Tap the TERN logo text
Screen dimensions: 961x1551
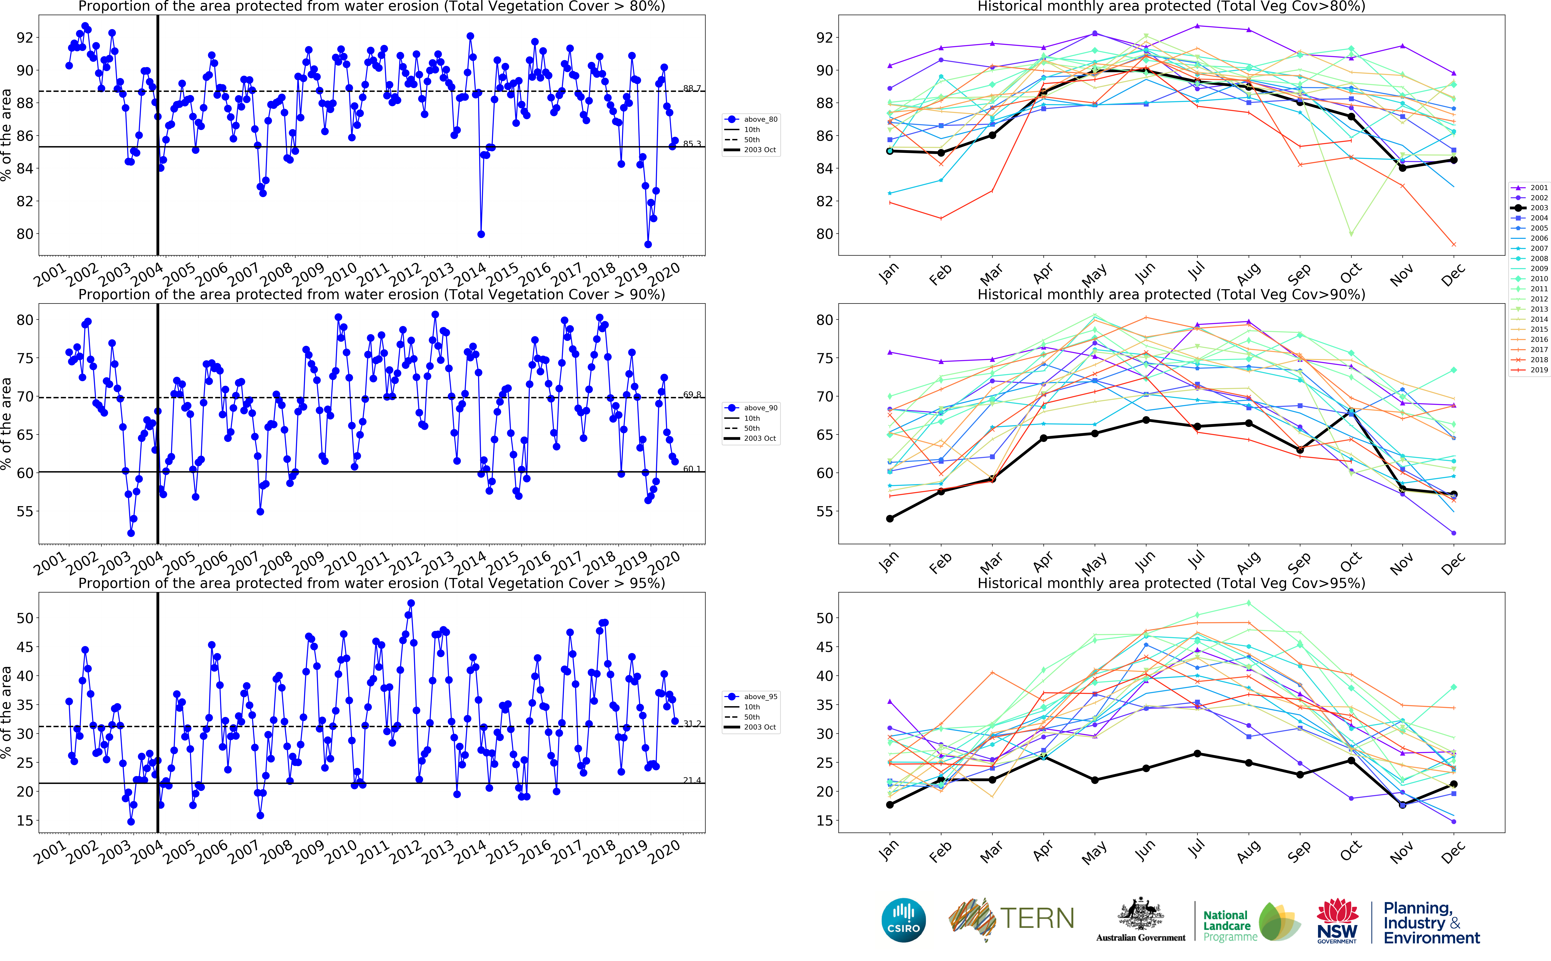pos(1037,918)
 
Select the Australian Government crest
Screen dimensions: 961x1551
pos(1141,915)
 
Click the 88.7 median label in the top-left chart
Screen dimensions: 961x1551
pos(692,88)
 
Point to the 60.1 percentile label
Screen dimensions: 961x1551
pos(692,469)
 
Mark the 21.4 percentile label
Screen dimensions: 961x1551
pos(692,780)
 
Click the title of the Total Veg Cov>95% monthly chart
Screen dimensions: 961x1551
pos(1170,583)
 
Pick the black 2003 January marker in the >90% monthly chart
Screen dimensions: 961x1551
pos(889,519)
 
